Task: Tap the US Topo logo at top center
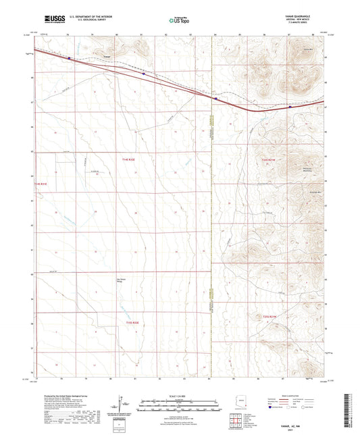click(x=180, y=21)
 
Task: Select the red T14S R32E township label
click(x=128, y=159)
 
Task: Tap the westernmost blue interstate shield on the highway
click(x=70, y=57)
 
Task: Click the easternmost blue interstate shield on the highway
click(x=290, y=105)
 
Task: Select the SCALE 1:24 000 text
click(x=180, y=394)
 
